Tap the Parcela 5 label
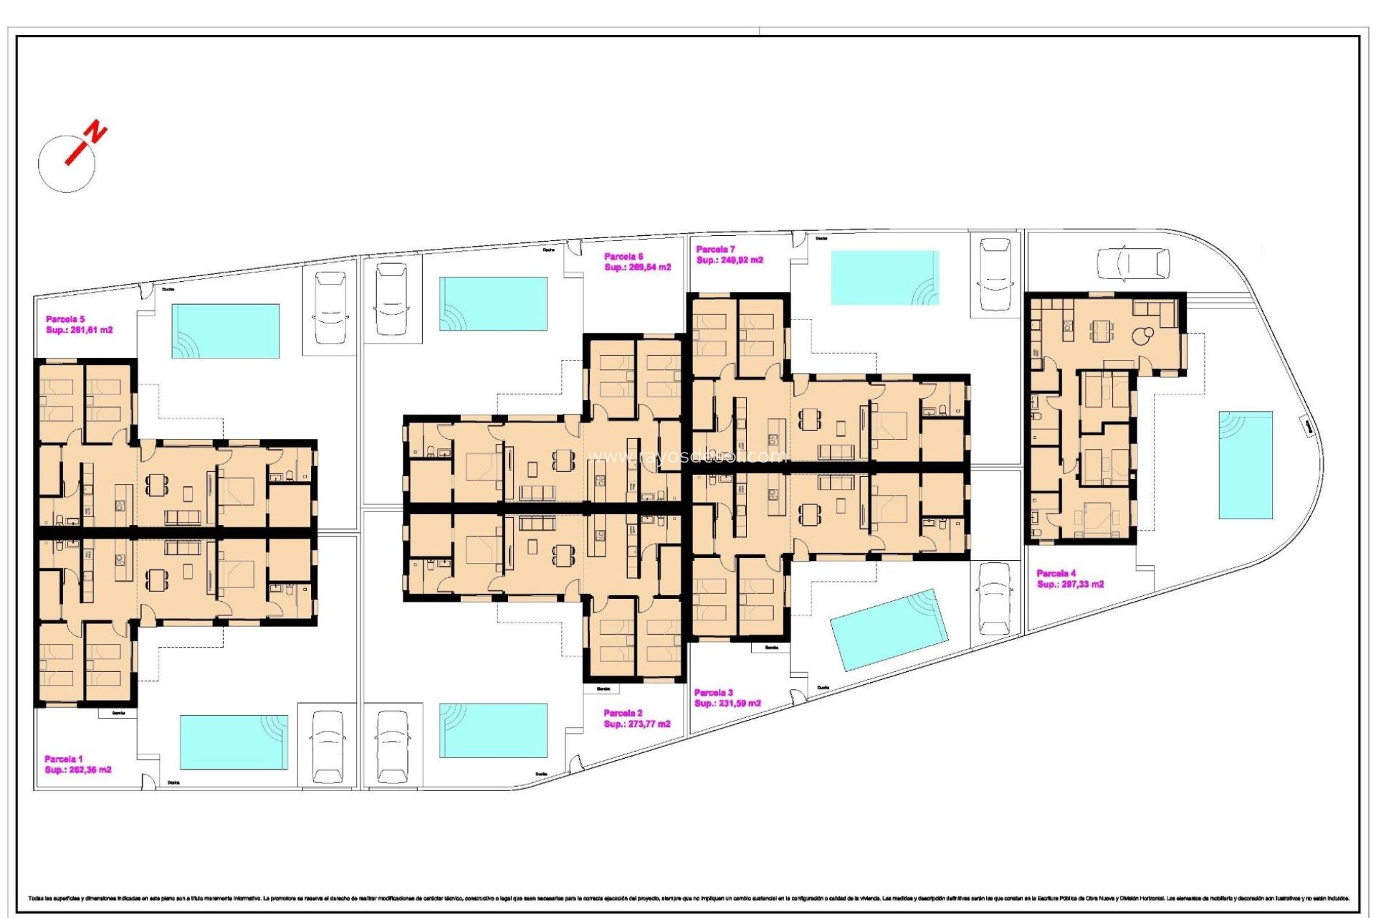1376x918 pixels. pyautogui.click(x=65, y=319)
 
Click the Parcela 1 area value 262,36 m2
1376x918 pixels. pyautogui.click(x=78, y=770)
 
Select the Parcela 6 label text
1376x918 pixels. pyautogui.click(x=623, y=256)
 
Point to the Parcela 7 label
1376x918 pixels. pyautogui.click(x=715, y=249)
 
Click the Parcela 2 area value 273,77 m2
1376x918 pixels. pyautogui.click(x=637, y=724)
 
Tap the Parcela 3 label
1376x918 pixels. pyautogui.click(x=713, y=692)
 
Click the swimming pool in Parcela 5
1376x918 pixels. pyautogui.click(x=225, y=331)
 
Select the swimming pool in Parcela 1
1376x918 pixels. pyautogui.click(x=234, y=742)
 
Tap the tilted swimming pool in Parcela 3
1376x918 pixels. pyautogui.click(x=889, y=630)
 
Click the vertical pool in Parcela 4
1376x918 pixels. pyautogui.click(x=1246, y=465)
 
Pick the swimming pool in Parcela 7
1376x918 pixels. pyautogui.click(x=884, y=278)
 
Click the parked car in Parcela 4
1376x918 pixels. pyautogui.click(x=1133, y=263)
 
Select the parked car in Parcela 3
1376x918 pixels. pyautogui.click(x=994, y=599)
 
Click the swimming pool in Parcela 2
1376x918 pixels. pyautogui.click(x=493, y=730)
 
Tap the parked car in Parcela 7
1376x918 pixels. pyautogui.click(x=995, y=274)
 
